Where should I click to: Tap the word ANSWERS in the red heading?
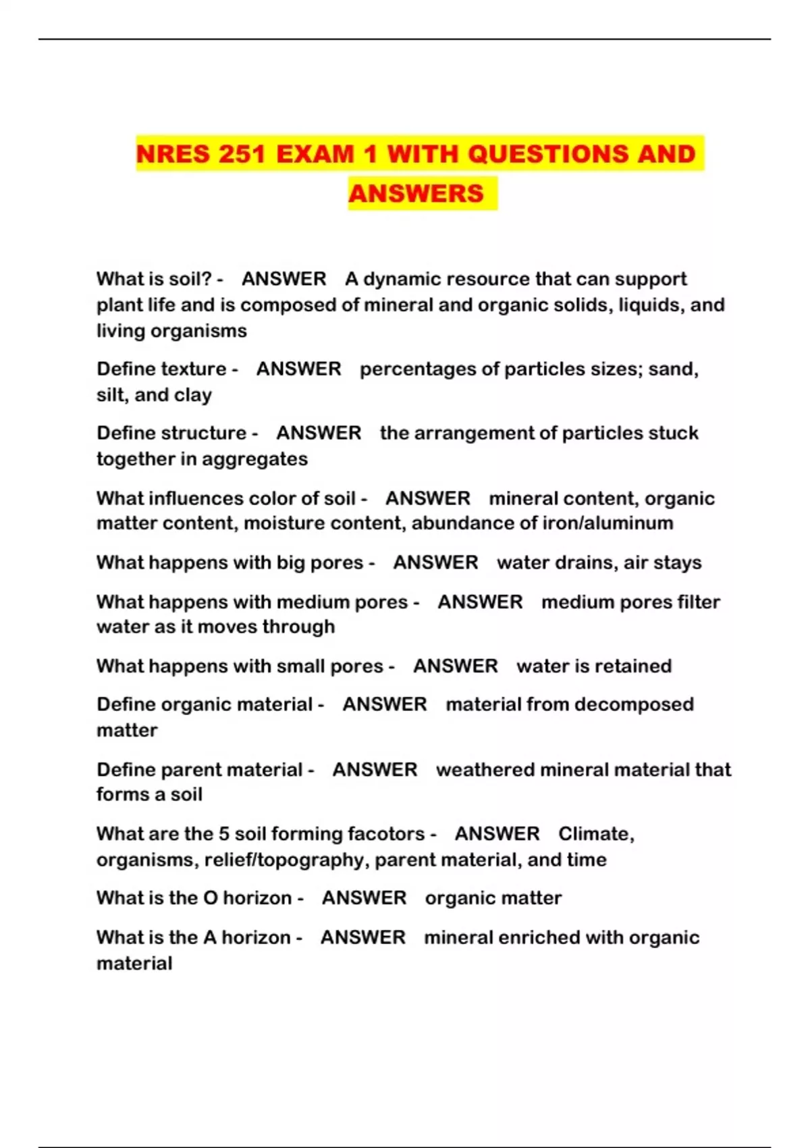pyautogui.click(x=416, y=194)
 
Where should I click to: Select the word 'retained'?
pyautogui.click(x=631, y=666)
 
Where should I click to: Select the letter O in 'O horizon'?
pyautogui.click(x=211, y=898)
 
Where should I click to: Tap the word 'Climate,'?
pyautogui.click(x=596, y=834)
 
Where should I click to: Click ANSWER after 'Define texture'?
pyautogui.click(x=298, y=369)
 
